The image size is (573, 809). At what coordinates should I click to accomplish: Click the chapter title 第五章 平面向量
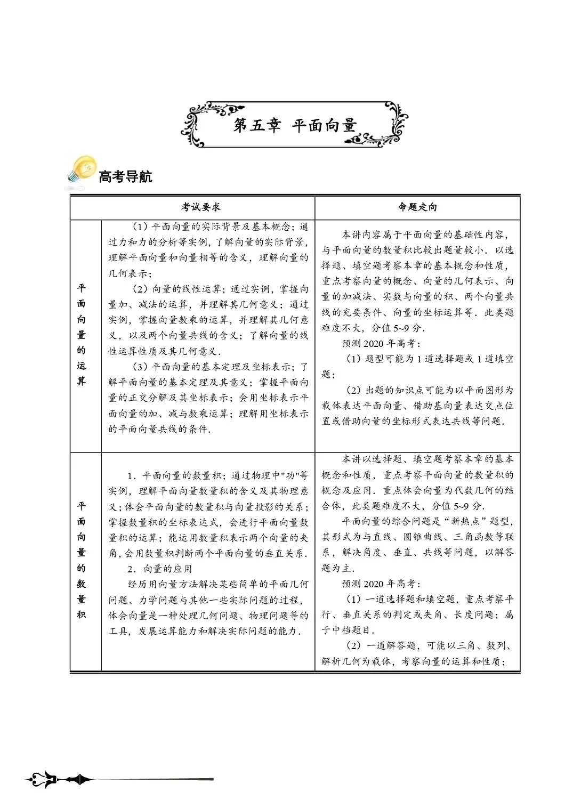pos(295,126)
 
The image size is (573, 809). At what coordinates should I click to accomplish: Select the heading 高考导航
pos(125,177)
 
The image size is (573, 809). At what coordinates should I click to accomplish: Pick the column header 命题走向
pos(417,207)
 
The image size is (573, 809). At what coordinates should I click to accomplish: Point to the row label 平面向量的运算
pos(81,335)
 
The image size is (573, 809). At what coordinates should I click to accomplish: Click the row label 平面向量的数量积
pos(81,560)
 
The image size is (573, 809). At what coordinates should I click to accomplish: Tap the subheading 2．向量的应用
pos(160,569)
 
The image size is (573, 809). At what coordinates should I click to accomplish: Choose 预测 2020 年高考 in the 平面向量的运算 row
pos(381,343)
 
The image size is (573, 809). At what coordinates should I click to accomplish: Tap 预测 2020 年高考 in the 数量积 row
pos(381,584)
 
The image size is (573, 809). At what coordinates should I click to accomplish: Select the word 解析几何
pos(341,662)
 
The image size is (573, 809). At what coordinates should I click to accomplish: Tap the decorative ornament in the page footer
pos(59,780)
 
